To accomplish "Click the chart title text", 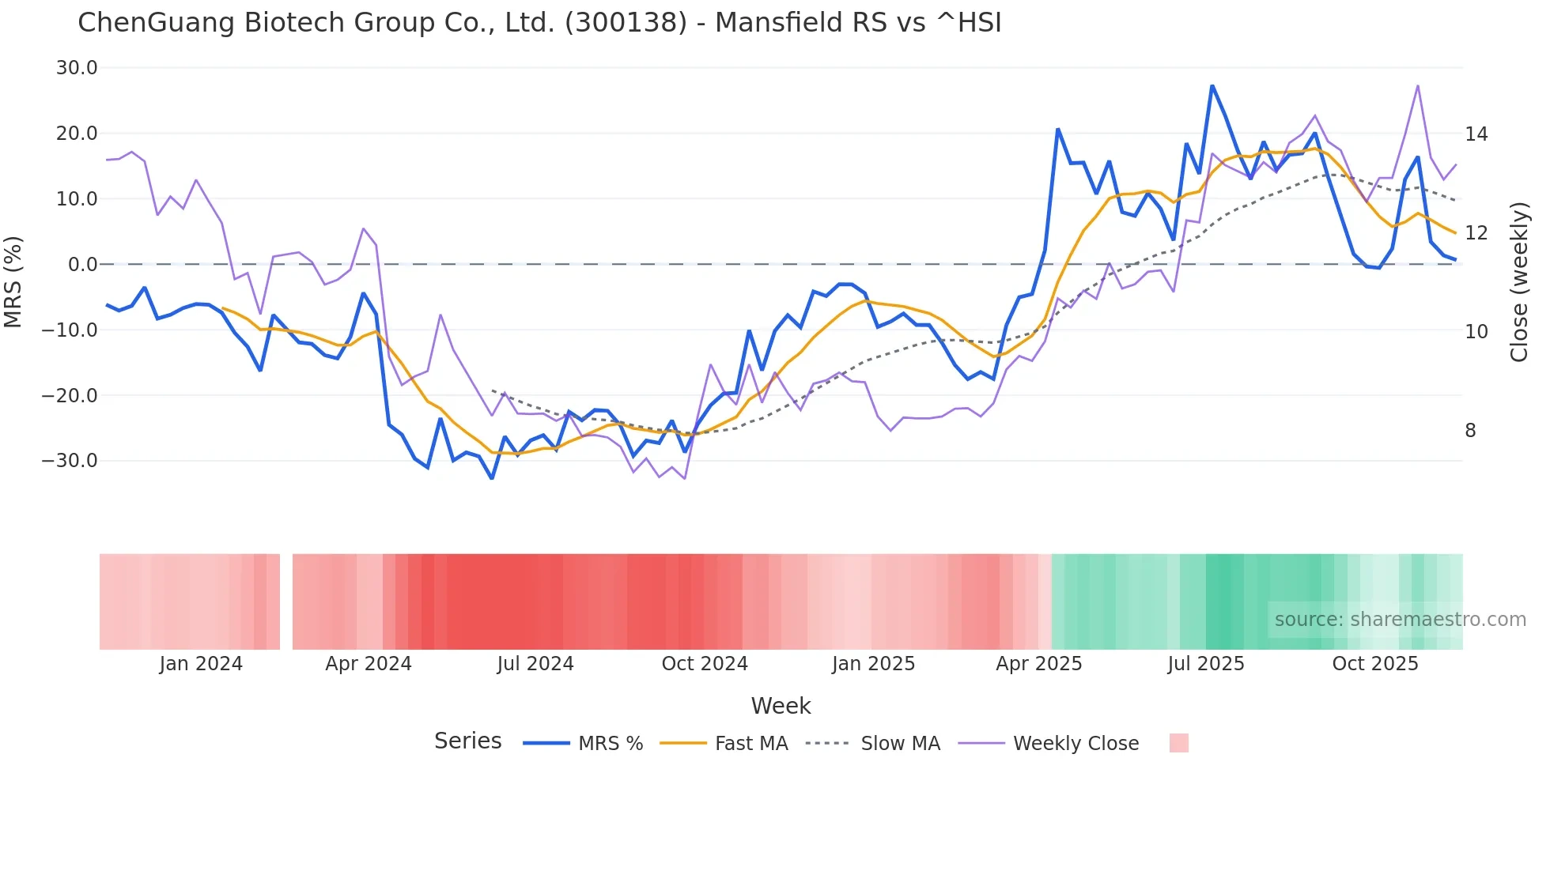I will [x=539, y=23].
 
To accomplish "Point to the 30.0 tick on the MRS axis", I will [x=77, y=68].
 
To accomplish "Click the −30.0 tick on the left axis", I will [x=70, y=461].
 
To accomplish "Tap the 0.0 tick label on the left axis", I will [x=82, y=265].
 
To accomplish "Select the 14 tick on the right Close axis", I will [x=1476, y=134].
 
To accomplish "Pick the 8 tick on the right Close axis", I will [x=1470, y=431].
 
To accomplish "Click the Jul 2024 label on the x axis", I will [x=535, y=664].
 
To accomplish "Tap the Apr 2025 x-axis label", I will [x=1038, y=664].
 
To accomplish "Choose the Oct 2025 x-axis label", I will [x=1375, y=664].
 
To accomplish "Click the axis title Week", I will [x=781, y=706].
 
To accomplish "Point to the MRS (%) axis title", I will [x=13, y=281].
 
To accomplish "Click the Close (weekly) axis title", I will [x=1518, y=282].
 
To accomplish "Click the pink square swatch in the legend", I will [x=1178, y=743].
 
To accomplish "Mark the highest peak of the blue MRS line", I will [x=1212, y=85].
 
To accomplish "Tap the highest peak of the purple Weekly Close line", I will [x=1418, y=85].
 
